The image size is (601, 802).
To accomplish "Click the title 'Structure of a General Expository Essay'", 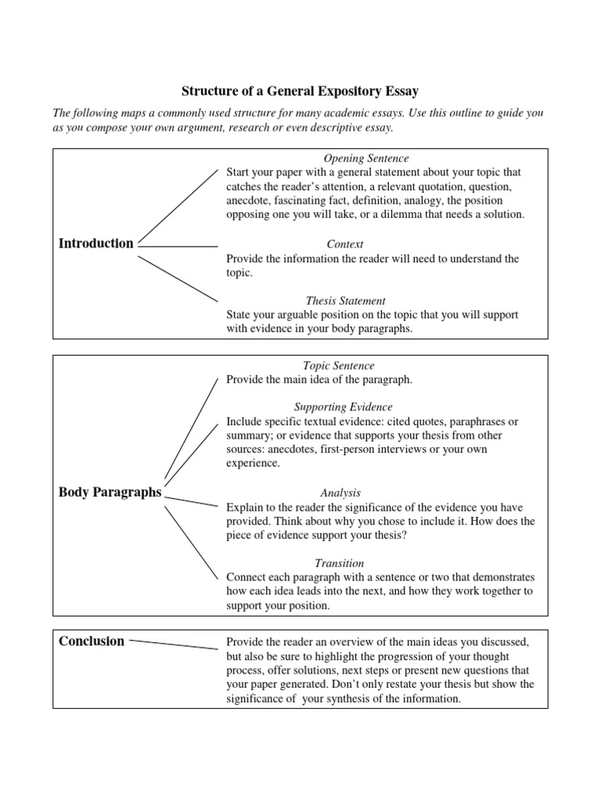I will [x=300, y=92].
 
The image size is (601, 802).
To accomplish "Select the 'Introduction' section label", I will [x=96, y=244].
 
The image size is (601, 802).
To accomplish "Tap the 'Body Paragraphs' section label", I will [x=110, y=493].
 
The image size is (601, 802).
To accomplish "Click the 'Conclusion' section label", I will [x=92, y=641].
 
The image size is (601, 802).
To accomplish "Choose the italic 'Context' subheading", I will [x=345, y=244].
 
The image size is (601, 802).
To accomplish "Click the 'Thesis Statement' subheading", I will [x=345, y=301].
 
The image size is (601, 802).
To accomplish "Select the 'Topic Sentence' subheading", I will [x=339, y=366].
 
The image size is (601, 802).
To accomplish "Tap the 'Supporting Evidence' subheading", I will [x=343, y=407].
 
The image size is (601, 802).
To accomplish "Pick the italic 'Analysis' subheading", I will [x=340, y=493].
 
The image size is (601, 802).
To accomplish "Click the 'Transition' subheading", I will [x=339, y=563].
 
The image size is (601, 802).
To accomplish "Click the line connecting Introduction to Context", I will [x=178, y=247].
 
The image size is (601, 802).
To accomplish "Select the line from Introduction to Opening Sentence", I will [x=178, y=206].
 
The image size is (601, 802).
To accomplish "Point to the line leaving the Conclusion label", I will [x=174, y=644].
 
